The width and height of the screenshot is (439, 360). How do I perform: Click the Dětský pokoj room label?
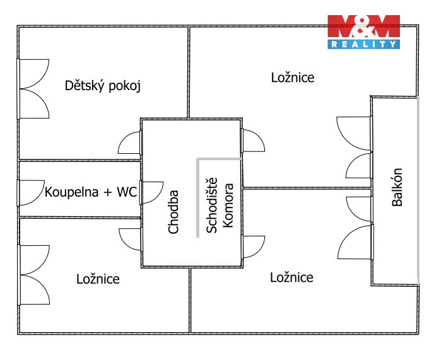pyautogui.click(x=102, y=86)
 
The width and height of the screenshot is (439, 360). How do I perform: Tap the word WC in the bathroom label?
pyautogui.click(x=127, y=192)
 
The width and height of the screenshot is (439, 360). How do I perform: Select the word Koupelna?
pyautogui.click(x=71, y=192)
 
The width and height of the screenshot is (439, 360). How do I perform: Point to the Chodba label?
pyautogui.click(x=174, y=212)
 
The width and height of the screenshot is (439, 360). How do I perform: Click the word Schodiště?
pyautogui.click(x=212, y=209)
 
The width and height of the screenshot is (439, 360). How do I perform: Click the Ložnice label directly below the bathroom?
pyautogui.click(x=98, y=279)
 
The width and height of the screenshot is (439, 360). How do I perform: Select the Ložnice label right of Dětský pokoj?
pyautogui.click(x=293, y=78)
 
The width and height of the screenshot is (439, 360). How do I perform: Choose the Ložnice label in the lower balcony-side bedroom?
pyautogui.click(x=291, y=277)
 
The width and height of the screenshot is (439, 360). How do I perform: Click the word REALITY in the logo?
pyautogui.click(x=364, y=44)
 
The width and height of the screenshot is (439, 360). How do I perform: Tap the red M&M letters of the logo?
pyautogui.click(x=363, y=26)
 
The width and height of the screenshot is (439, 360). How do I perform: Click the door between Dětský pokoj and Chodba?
pyautogui.click(x=131, y=142)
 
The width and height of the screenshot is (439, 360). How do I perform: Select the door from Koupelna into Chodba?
pyautogui.click(x=150, y=192)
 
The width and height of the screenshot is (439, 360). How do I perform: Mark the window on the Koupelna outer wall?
pyautogui.click(x=28, y=192)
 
